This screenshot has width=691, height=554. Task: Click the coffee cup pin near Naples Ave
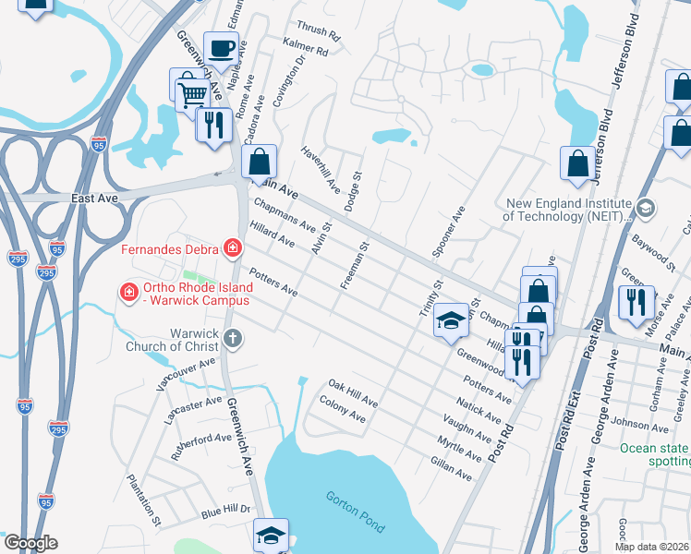[221, 48]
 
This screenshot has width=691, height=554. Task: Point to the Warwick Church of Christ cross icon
[232, 338]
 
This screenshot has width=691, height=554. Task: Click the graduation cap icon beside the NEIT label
[645, 209]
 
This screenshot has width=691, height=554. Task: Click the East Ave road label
[95, 198]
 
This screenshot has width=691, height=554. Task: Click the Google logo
[30, 543]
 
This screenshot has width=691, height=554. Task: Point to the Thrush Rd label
[319, 30]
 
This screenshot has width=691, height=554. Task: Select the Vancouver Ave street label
[187, 377]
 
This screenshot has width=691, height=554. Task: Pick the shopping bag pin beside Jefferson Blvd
[577, 163]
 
